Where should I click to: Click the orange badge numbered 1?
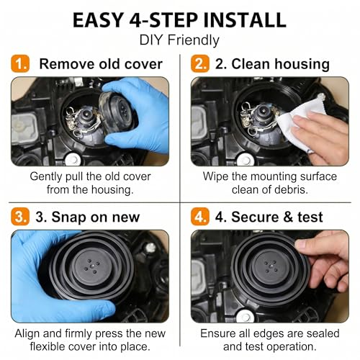(x=20, y=63)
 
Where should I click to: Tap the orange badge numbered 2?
(x=200, y=63)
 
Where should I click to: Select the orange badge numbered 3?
(x=20, y=217)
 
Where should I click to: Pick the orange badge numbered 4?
(x=200, y=217)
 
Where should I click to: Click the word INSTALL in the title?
(x=245, y=20)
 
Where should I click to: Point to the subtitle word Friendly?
(x=194, y=40)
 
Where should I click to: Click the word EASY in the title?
(x=98, y=20)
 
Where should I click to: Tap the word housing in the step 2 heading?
(x=302, y=65)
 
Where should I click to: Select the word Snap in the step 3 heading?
(x=69, y=217)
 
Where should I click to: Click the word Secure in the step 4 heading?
(x=255, y=217)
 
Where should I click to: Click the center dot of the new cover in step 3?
(x=91, y=266)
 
